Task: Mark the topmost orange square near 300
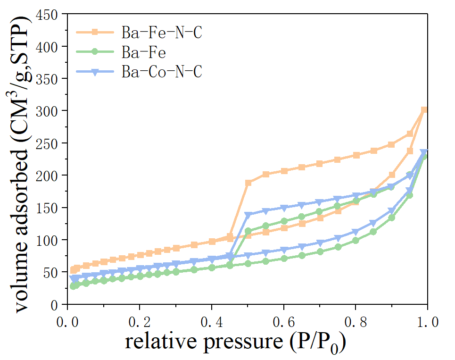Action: coord(424,110)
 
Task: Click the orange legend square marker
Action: coord(95,32)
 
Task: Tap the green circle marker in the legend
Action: coord(95,51)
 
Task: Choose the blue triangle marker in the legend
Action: coord(95,71)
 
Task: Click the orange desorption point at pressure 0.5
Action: coord(248,183)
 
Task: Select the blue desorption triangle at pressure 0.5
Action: coord(248,215)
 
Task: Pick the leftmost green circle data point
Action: coord(73,286)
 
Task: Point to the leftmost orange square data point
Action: coord(73,270)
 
